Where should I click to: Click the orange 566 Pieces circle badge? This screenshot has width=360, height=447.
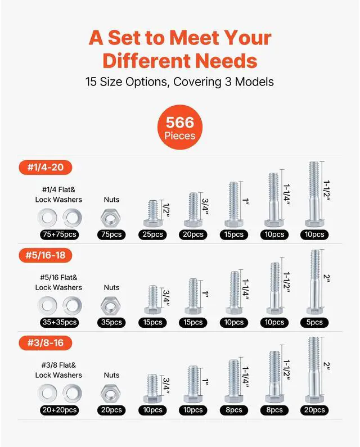(x=179, y=129)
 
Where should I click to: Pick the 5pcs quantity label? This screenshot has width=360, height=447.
(x=314, y=322)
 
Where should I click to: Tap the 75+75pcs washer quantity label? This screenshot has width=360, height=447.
(x=58, y=234)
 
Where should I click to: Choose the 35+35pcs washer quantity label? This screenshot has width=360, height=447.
(x=58, y=322)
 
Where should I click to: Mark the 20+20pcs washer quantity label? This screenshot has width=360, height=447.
(x=58, y=410)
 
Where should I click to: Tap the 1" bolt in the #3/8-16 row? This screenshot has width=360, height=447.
(x=192, y=384)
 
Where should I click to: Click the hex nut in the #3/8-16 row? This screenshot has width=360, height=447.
(x=111, y=392)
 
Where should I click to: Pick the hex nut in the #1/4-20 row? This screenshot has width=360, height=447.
(x=111, y=216)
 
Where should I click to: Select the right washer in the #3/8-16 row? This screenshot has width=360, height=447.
(x=71, y=392)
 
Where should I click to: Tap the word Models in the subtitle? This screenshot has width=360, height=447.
(x=252, y=82)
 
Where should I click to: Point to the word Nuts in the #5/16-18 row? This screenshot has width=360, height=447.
(x=111, y=287)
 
